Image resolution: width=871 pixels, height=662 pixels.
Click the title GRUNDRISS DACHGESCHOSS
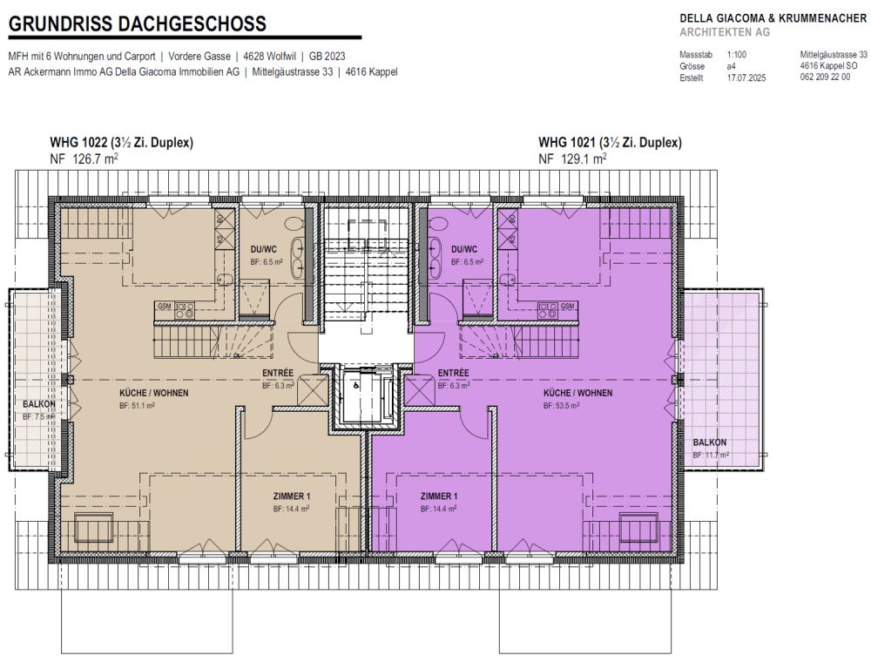point(138,24)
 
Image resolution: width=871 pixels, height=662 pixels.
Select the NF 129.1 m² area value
point(572,159)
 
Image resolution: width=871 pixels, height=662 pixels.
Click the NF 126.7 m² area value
point(84,159)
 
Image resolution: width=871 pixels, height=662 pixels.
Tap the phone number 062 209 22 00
point(825,78)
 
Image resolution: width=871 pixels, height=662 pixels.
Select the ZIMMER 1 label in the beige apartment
point(292,496)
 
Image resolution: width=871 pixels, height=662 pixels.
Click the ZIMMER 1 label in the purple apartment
point(438,496)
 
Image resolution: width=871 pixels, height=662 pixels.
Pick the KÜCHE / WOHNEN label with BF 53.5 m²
point(577,393)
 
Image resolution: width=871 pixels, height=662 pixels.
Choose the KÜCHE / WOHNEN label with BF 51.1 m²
point(154,393)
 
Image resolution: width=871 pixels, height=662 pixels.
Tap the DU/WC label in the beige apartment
point(263,248)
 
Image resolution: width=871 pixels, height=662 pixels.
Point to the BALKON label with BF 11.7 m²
point(711,442)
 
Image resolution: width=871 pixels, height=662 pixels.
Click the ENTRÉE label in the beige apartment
point(278,373)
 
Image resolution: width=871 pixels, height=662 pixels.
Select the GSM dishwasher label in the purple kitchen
point(567,306)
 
